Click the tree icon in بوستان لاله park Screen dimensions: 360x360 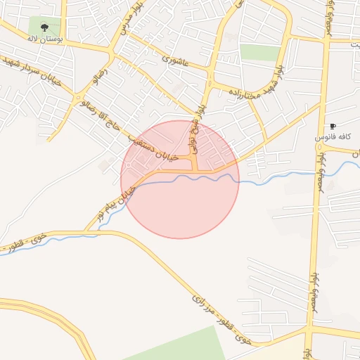tap(45, 28)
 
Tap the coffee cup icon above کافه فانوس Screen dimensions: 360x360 tap(333, 126)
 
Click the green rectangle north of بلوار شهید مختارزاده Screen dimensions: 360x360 tap(260, 52)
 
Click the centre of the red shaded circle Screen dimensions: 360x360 tap(180, 179)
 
